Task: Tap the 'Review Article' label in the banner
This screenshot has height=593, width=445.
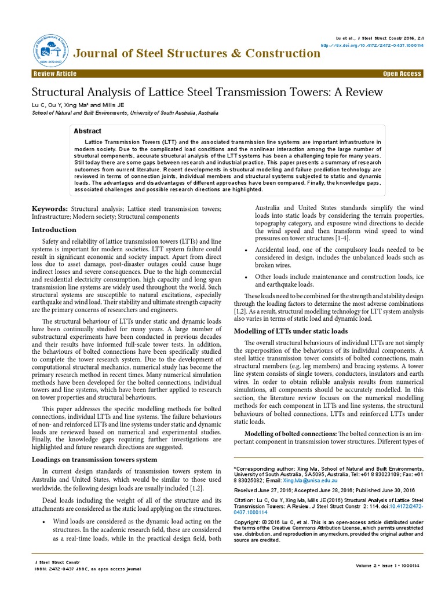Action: click(x=55, y=74)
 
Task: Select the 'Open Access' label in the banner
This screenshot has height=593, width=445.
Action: click(x=402, y=74)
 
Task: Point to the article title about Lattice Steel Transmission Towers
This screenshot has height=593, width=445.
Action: click(x=207, y=92)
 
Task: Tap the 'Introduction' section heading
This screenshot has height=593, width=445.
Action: click(x=54, y=230)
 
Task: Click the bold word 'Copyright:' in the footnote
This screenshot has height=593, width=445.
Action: click(x=248, y=522)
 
